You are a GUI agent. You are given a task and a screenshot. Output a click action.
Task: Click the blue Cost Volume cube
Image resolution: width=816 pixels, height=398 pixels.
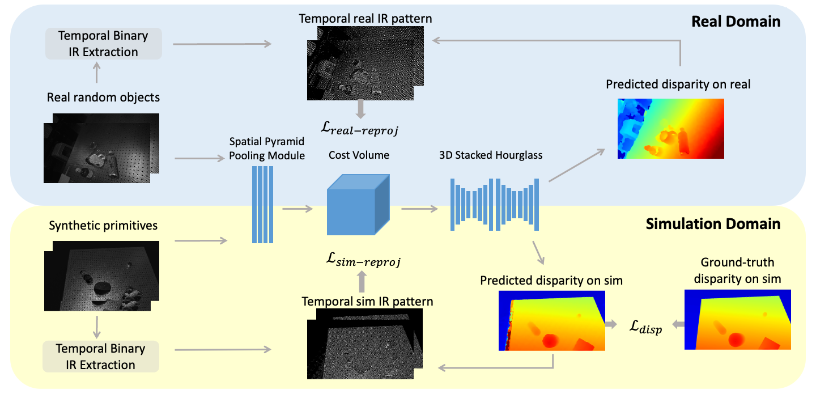[x=359, y=205]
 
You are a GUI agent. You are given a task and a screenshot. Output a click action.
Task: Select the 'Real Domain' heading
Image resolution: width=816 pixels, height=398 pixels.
[x=736, y=22]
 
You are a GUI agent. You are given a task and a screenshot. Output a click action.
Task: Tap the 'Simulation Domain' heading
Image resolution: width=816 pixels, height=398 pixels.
[x=713, y=224]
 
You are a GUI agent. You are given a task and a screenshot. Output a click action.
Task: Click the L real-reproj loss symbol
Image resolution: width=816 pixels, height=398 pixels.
[x=359, y=128]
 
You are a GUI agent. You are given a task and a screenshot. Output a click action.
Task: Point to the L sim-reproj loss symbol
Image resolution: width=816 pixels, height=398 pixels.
[x=363, y=260]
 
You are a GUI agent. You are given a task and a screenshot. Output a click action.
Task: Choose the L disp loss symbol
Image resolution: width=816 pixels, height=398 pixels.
[x=645, y=327]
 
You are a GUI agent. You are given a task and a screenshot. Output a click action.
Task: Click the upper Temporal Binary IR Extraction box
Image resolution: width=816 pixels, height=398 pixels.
[x=104, y=44]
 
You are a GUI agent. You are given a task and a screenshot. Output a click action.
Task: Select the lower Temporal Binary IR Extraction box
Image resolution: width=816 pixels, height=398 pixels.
[x=101, y=357]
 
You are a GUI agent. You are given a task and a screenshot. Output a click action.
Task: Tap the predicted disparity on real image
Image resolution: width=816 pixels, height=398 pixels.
[x=671, y=129]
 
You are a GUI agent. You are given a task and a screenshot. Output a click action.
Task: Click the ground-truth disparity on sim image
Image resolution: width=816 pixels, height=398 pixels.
[x=738, y=320]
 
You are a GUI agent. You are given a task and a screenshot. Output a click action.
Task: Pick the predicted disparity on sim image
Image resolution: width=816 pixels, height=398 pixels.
[x=551, y=321]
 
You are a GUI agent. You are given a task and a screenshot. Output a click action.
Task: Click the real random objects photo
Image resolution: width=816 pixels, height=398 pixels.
[x=101, y=148]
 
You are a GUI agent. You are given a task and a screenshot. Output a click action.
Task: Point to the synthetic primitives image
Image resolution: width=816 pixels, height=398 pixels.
[x=101, y=276]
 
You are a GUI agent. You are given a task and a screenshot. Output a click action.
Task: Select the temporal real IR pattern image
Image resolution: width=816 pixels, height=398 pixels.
[x=365, y=63]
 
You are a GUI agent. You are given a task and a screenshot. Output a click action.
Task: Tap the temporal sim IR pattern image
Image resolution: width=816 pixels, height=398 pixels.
[x=365, y=344]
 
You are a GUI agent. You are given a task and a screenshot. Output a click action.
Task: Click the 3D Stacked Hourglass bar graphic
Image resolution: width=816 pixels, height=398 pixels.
[x=494, y=205]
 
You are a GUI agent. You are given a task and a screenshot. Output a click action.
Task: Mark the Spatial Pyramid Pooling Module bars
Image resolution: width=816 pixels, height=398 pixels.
[x=263, y=205]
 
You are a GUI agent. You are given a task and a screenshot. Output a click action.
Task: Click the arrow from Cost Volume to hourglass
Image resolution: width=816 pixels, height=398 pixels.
[x=419, y=209]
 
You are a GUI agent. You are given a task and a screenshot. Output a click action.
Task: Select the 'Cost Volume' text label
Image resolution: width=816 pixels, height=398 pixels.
[x=359, y=155]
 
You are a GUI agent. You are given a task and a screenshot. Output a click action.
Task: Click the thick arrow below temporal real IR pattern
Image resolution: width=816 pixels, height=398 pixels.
[x=360, y=109]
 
